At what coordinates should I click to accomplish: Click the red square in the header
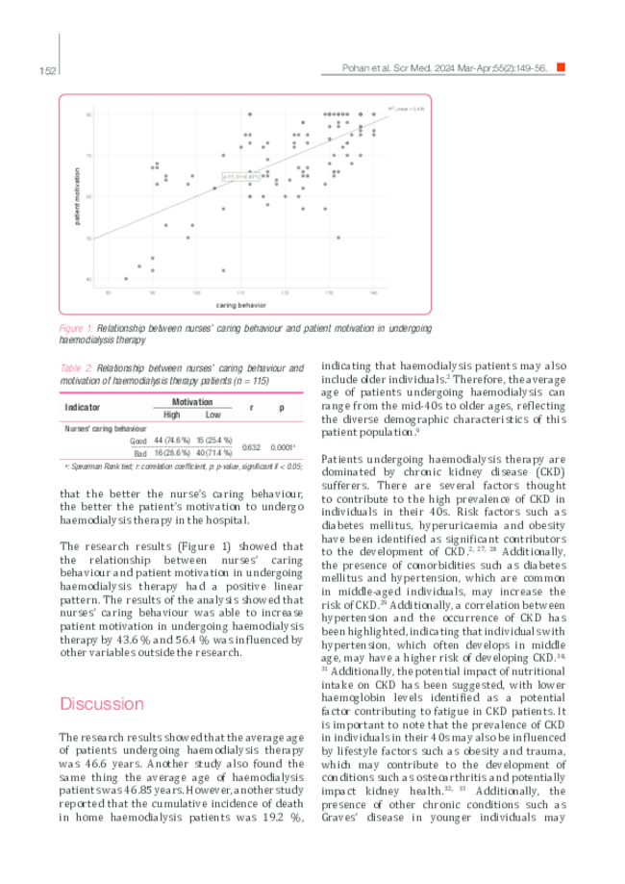pyautogui.click(x=561, y=68)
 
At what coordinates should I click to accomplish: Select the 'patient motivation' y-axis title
pyautogui.click(x=76, y=196)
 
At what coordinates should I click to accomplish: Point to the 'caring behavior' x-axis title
pyautogui.click(x=240, y=305)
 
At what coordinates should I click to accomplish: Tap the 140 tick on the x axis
pyautogui.click(x=373, y=291)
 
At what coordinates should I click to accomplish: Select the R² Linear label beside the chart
pyautogui.click(x=405, y=108)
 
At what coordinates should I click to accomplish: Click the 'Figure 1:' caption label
pyautogui.click(x=76, y=328)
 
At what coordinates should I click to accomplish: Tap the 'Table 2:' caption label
pyautogui.click(x=76, y=367)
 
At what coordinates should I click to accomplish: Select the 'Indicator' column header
pyautogui.click(x=82, y=407)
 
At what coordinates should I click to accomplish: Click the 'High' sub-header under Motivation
pyautogui.click(x=171, y=415)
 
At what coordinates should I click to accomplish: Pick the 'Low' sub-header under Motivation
pyautogui.click(x=212, y=415)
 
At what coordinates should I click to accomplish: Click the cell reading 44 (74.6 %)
pyautogui.click(x=171, y=440)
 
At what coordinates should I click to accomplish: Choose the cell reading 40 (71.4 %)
pyautogui.click(x=212, y=452)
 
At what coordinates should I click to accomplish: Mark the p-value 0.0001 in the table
pyautogui.click(x=282, y=446)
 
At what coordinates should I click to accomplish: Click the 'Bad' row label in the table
pyautogui.click(x=139, y=452)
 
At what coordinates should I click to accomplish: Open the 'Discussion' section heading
pyautogui.click(x=102, y=703)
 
